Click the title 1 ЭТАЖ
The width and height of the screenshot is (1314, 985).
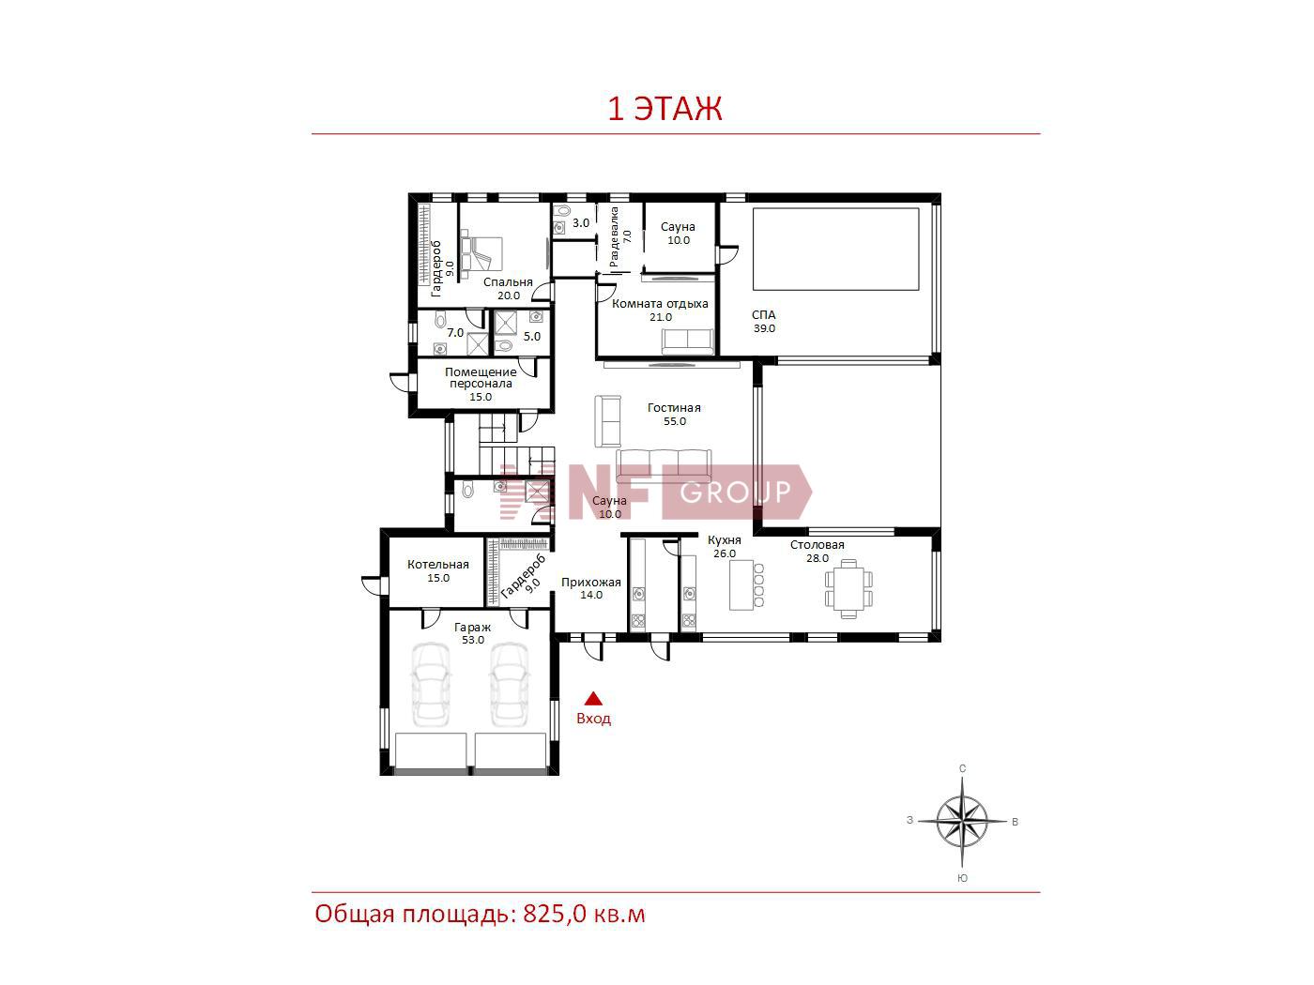point(665,108)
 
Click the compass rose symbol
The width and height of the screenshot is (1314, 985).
point(961,822)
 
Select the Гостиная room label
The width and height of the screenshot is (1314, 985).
point(674,407)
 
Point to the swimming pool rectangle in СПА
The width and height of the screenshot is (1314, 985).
point(835,249)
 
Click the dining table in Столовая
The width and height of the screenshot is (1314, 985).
point(848,588)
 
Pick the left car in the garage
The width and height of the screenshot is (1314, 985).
point(431,684)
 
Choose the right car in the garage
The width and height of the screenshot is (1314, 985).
point(510,684)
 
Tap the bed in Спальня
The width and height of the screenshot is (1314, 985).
point(481,253)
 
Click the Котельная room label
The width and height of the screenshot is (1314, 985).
point(437,564)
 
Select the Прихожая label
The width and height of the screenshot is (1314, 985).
point(590,582)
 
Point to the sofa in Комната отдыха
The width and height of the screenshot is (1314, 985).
point(688,341)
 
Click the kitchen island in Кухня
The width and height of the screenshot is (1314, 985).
point(741,584)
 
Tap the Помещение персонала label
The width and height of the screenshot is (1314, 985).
point(481,377)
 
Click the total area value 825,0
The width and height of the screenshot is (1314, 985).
point(555,915)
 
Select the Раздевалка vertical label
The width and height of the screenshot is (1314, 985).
point(614,236)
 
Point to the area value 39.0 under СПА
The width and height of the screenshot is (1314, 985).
point(764,327)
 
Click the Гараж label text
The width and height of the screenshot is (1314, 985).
point(472,628)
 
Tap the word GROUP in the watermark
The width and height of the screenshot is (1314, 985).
point(736,492)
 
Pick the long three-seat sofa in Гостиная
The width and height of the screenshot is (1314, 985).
point(664,466)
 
